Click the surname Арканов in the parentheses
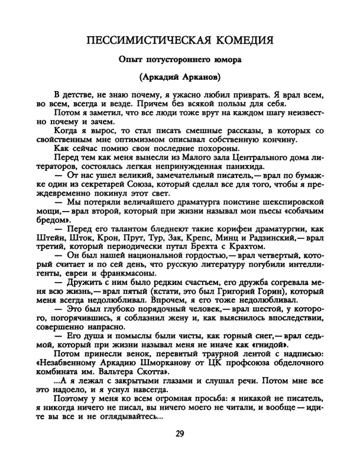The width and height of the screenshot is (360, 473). (200, 77)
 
